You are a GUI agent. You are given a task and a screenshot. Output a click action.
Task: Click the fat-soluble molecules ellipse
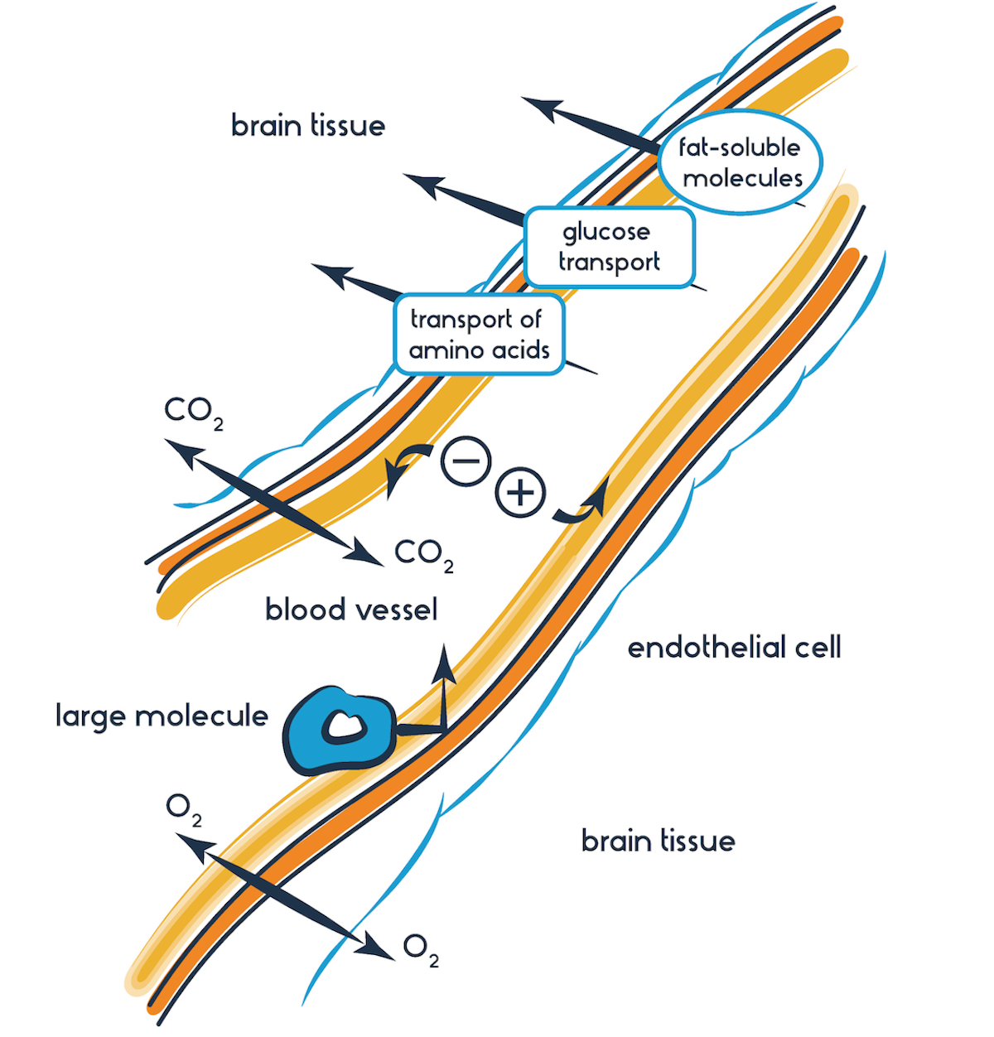click(x=741, y=162)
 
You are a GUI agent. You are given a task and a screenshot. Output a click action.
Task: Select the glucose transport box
click(x=610, y=247)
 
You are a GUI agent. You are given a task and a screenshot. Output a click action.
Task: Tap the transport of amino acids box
click(x=479, y=334)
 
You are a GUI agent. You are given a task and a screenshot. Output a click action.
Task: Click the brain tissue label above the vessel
click(x=308, y=126)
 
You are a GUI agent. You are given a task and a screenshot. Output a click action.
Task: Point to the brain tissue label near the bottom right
click(x=659, y=841)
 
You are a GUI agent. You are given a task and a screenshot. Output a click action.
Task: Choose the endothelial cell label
click(x=734, y=647)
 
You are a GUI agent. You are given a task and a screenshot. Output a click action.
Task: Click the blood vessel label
click(x=351, y=610)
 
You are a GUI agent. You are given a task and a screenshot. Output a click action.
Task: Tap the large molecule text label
click(x=162, y=715)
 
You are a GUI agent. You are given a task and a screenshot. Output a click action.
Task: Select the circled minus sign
click(x=466, y=461)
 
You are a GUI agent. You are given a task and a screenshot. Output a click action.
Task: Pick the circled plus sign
click(x=520, y=493)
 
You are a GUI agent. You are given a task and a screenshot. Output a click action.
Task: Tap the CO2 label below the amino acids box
click(x=194, y=412)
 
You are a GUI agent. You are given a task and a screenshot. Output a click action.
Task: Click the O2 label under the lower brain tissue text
click(x=421, y=948)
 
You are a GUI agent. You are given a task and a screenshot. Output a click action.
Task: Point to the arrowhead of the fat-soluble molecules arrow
click(x=538, y=108)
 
